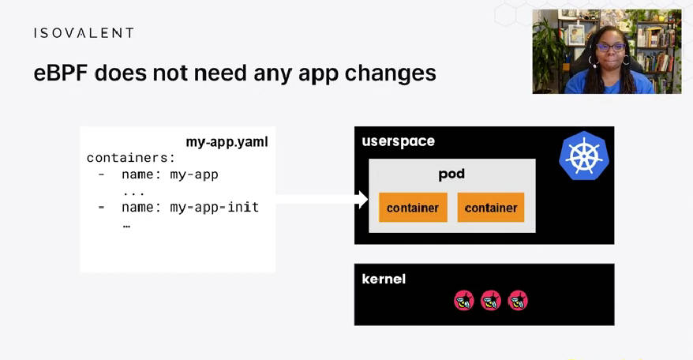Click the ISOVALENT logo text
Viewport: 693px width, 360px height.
pyautogui.click(x=84, y=33)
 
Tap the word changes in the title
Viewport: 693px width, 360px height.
pyautogui.click(x=390, y=73)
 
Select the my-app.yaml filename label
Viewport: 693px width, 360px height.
pyautogui.click(x=227, y=142)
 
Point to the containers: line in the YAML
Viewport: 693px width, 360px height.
pyautogui.click(x=131, y=158)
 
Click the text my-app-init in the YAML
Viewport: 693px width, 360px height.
pyautogui.click(x=215, y=207)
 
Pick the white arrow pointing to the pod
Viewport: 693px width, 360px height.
pyautogui.click(x=322, y=199)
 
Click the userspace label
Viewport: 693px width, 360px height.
pyautogui.click(x=399, y=141)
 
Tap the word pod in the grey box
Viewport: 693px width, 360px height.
pyautogui.click(x=451, y=174)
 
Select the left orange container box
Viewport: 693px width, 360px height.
pyautogui.click(x=414, y=208)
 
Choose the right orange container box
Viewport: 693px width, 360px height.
pyautogui.click(x=491, y=208)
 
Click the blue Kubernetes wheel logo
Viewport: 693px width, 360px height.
pyautogui.click(x=584, y=156)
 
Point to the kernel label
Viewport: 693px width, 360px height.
pyautogui.click(x=384, y=279)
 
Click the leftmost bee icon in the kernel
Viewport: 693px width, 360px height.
pyautogui.click(x=464, y=301)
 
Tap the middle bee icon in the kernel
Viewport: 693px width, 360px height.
pyautogui.click(x=491, y=301)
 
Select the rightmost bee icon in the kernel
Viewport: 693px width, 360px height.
pyautogui.click(x=518, y=301)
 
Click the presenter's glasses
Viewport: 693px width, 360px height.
pyautogui.click(x=610, y=47)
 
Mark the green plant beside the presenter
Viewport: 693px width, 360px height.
pyautogui.click(x=548, y=52)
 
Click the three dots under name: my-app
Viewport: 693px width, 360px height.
pyautogui.click(x=133, y=193)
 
